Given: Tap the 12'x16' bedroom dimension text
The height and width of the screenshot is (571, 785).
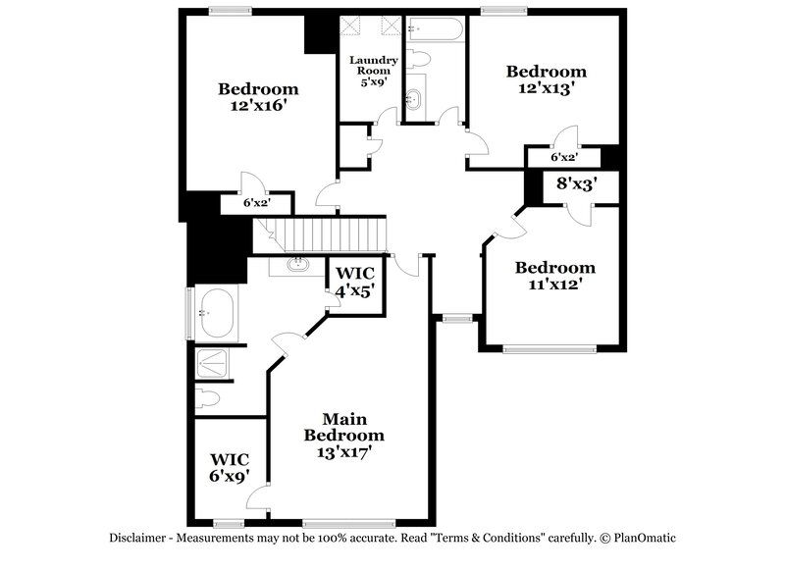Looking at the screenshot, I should (x=258, y=105).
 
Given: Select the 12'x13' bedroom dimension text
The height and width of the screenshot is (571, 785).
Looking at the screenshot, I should (x=546, y=87).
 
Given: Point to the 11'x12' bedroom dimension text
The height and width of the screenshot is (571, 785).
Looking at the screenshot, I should (x=554, y=285).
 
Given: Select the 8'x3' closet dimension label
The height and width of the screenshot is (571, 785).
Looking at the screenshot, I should (x=576, y=182).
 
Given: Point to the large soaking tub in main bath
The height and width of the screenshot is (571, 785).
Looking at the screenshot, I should (x=214, y=313).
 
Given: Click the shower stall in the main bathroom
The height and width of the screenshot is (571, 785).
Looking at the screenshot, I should (x=213, y=362).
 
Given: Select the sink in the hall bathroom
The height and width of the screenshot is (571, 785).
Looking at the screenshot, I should (x=415, y=99).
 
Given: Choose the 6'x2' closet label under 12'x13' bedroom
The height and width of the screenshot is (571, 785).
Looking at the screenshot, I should (x=563, y=157).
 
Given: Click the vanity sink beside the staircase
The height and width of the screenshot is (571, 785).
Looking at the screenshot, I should (x=296, y=264).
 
